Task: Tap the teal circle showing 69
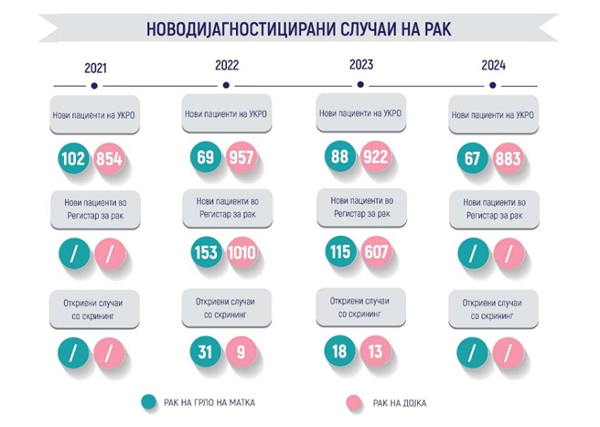(206, 157)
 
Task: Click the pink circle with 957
(241, 157)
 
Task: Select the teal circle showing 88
(338, 156)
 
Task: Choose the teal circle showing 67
(472, 160)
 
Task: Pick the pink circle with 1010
(242, 251)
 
